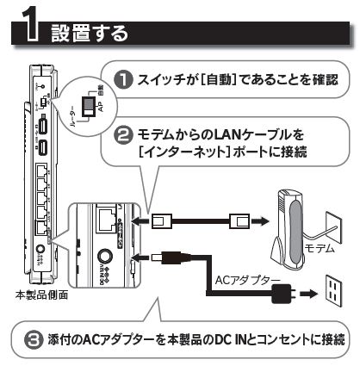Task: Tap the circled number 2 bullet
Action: (x=123, y=135)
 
